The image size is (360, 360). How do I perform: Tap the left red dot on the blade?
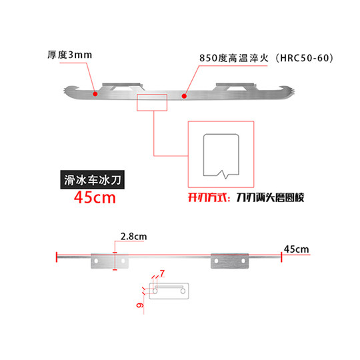96,95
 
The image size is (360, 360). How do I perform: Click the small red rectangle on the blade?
152,103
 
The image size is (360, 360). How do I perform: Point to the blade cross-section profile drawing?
221,155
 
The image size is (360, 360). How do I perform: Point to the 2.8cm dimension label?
134,236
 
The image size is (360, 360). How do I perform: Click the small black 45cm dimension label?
297,249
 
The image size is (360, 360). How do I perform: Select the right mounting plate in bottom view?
229,261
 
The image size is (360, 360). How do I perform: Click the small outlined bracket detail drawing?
171,291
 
